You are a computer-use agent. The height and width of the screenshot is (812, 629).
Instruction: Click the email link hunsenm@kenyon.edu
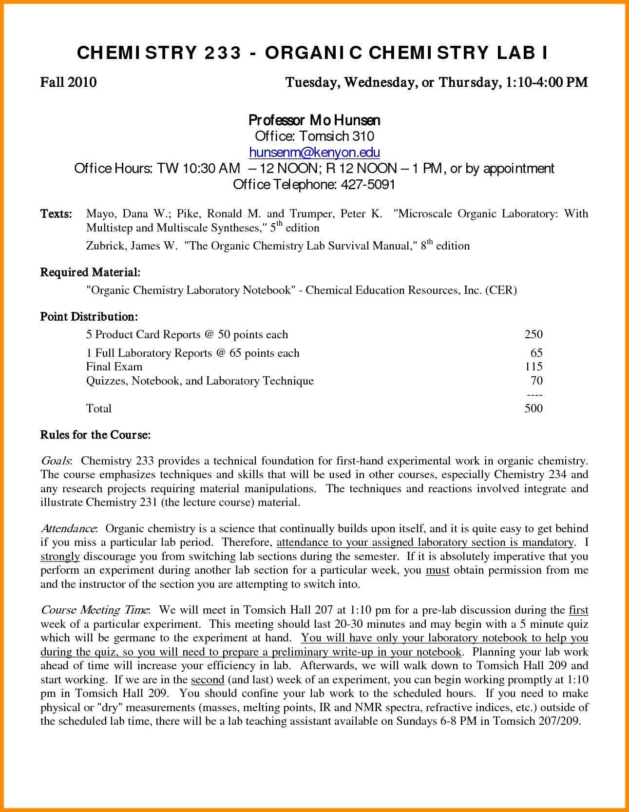[314, 153]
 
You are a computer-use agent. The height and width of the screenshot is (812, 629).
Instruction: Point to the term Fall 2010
[68, 82]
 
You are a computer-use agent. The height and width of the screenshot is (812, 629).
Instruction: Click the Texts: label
[56, 214]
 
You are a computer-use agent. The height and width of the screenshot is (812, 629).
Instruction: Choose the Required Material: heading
[90, 272]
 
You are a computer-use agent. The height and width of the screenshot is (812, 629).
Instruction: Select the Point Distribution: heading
[89, 317]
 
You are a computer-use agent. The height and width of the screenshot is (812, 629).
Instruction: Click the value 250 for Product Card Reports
[534, 334]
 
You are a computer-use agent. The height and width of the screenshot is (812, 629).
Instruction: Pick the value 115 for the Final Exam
[534, 367]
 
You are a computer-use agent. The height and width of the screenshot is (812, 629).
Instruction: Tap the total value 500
[534, 408]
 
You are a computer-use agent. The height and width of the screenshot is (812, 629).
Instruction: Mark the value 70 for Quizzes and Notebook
[536, 381]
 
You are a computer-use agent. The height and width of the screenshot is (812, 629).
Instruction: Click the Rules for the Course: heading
[95, 435]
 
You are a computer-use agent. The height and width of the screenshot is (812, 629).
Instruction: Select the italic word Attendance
[69, 529]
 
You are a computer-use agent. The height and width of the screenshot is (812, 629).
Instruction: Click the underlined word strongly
[60, 557]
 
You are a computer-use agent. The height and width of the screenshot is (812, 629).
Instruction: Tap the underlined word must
[438, 570]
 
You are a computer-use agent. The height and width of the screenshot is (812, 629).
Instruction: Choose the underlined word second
[208, 680]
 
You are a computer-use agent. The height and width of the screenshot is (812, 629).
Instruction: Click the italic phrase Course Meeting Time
[95, 610]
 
